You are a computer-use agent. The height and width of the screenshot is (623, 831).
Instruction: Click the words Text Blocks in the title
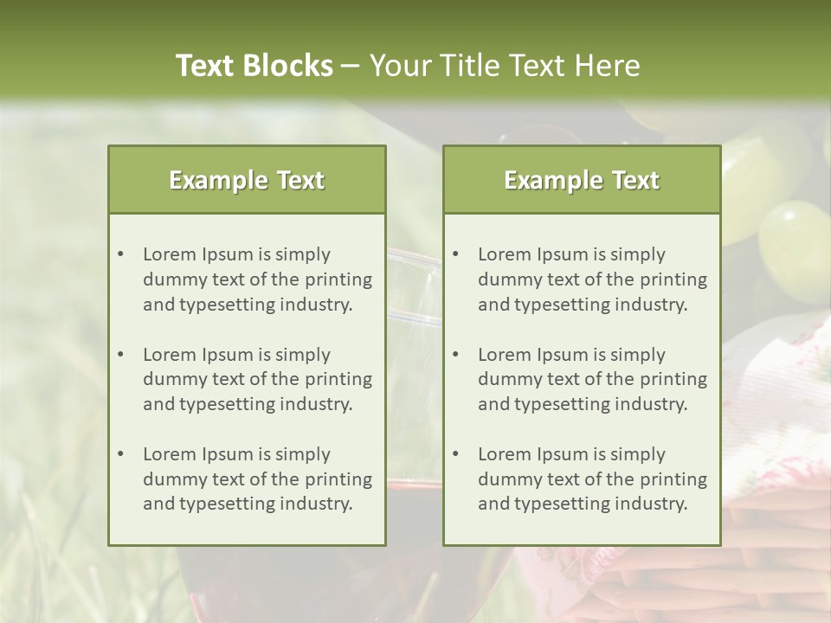254,66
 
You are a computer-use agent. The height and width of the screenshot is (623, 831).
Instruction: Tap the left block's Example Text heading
247,180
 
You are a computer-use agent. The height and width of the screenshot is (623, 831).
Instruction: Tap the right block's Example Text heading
582,180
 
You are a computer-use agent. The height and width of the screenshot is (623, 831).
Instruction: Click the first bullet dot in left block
120,254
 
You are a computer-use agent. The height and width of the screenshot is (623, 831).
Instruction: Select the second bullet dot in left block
120,355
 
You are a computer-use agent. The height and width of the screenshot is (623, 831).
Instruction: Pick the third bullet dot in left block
120,454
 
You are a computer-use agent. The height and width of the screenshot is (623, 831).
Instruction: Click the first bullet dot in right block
455,254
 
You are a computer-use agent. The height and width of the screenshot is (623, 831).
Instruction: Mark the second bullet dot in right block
455,355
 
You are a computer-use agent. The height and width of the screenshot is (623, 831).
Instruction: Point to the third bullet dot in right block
455,454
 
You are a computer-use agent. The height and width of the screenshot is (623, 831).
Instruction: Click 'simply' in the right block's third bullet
638,454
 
